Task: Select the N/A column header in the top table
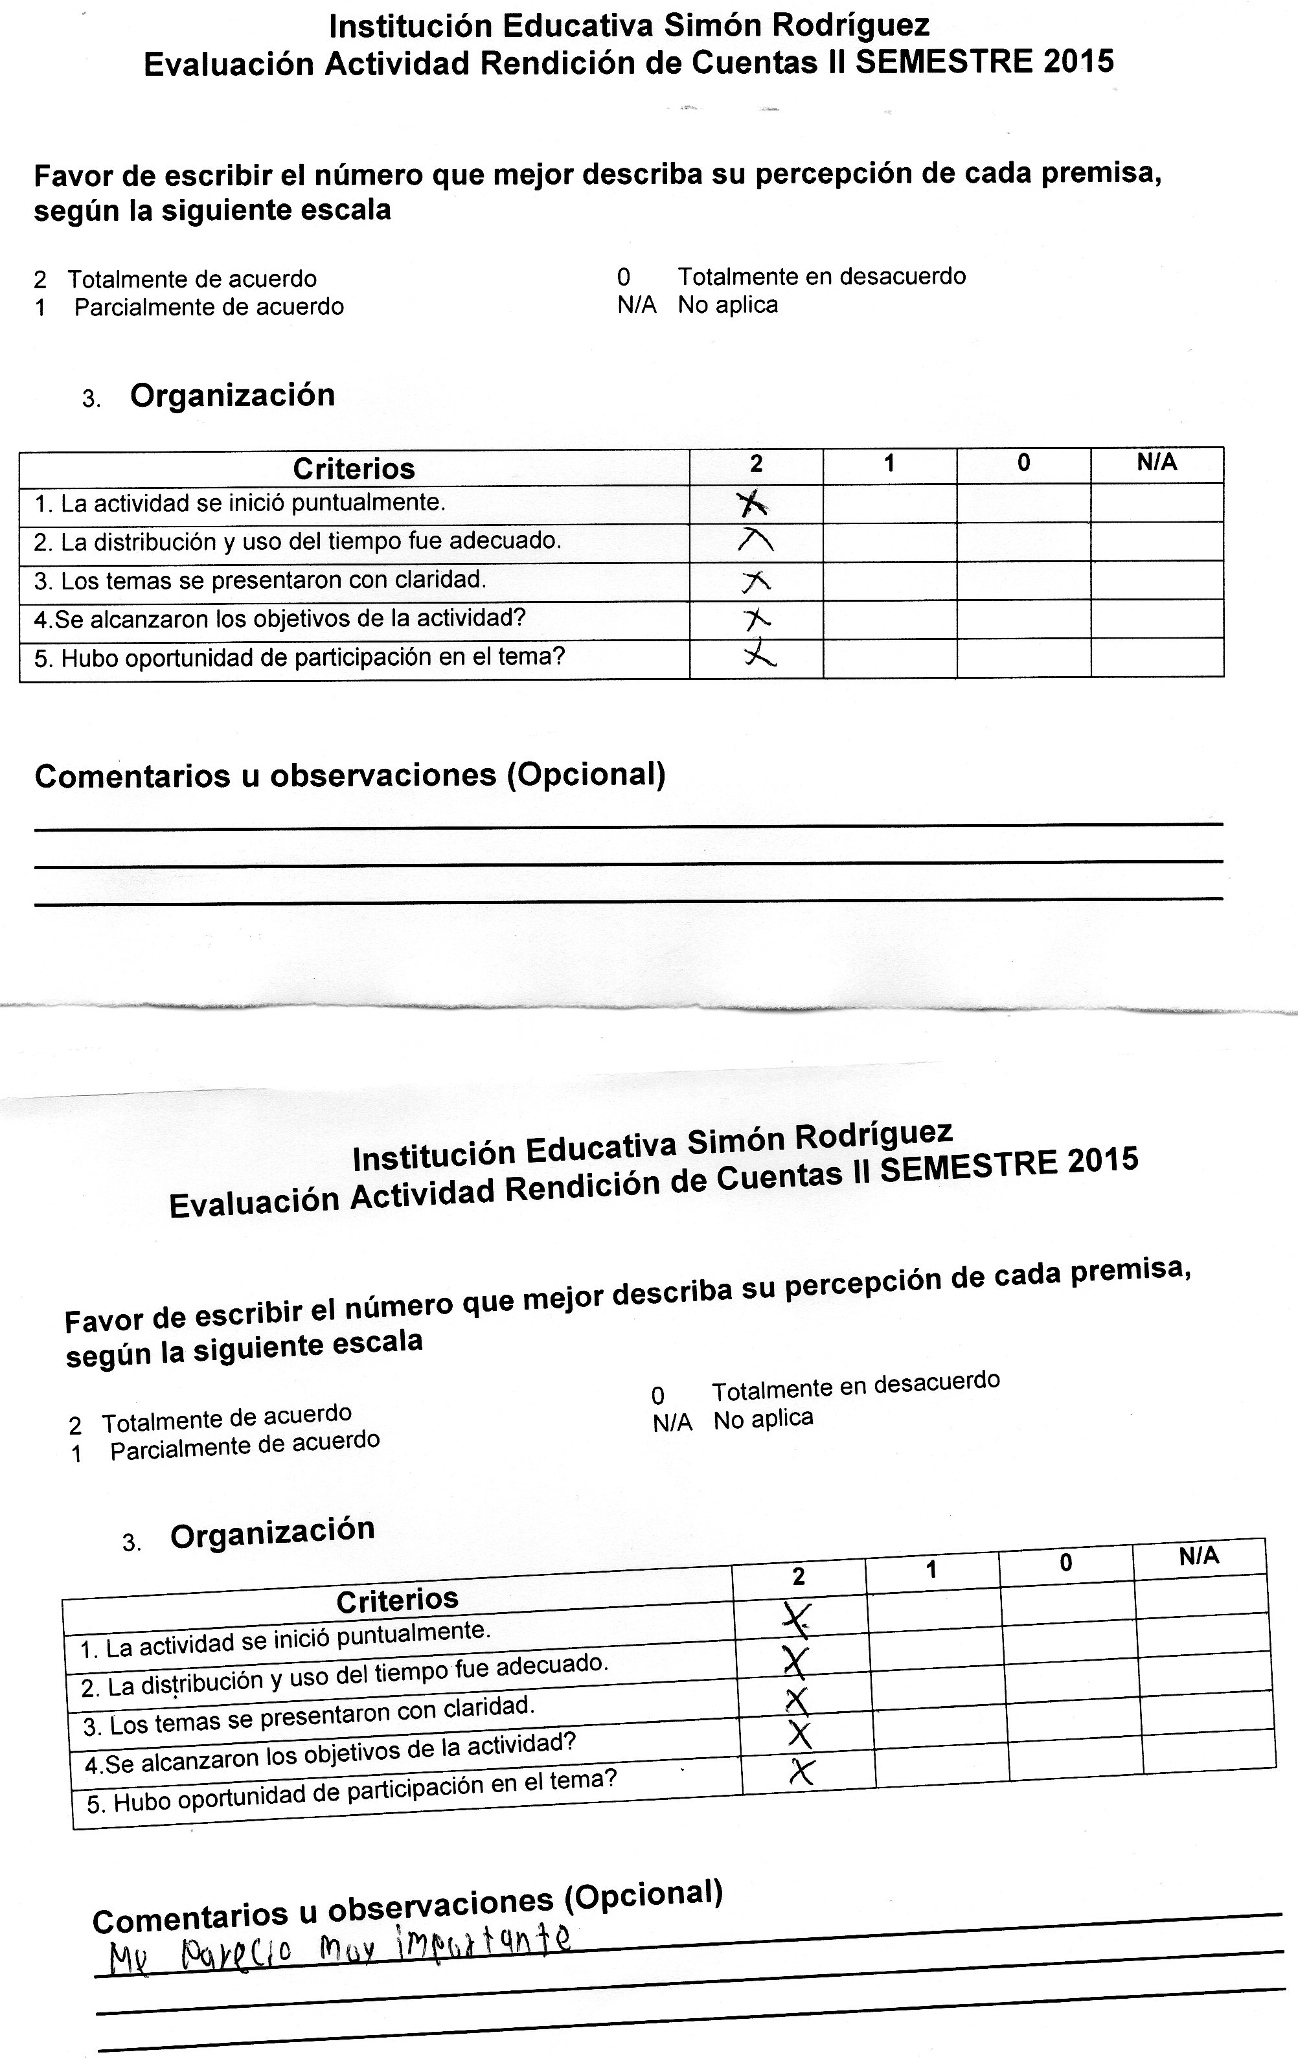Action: click(1156, 462)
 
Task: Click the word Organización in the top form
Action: click(232, 395)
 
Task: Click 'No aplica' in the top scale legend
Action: click(727, 305)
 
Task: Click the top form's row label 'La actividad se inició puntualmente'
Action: click(252, 503)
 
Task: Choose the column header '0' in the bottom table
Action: click(1065, 1563)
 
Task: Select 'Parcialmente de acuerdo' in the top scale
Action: click(209, 307)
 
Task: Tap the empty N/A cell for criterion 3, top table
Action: click(1156, 580)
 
